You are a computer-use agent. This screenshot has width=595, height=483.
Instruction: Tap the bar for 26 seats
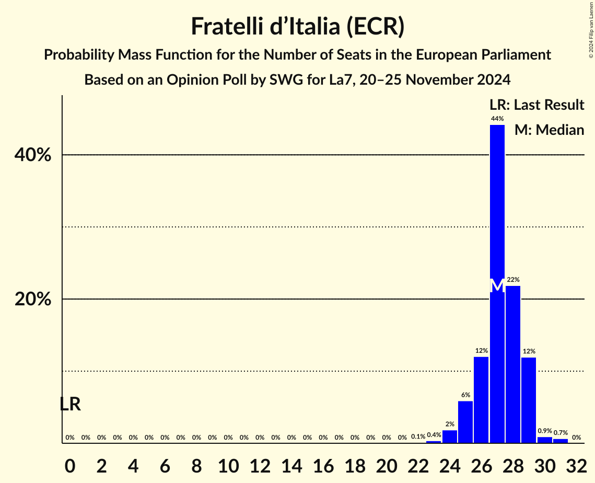click(x=481, y=400)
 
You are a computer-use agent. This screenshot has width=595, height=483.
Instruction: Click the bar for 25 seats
click(x=465, y=422)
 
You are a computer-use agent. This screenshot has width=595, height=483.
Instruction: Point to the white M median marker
click(x=497, y=286)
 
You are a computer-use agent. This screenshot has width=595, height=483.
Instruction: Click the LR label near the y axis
click(x=70, y=404)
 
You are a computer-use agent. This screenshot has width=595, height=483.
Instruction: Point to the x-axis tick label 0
click(x=70, y=464)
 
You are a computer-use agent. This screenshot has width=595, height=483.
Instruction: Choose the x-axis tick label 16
click(x=323, y=464)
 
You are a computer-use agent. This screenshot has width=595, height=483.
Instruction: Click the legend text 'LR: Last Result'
click(x=536, y=105)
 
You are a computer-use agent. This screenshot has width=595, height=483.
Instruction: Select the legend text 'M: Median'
click(x=549, y=130)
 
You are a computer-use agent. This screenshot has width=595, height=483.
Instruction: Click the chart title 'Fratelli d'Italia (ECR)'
click(x=297, y=26)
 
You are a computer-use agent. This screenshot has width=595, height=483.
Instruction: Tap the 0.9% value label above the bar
click(x=545, y=431)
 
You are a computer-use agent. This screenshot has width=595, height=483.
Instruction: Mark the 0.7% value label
click(x=561, y=433)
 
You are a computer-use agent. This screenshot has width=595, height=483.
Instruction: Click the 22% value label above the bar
click(x=513, y=280)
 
